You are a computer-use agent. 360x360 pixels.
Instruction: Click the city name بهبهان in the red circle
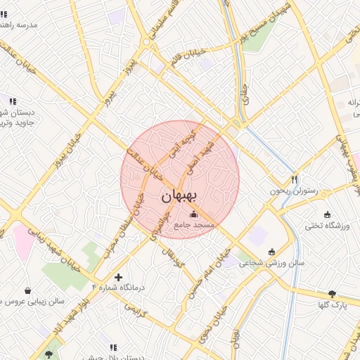pos(181,196)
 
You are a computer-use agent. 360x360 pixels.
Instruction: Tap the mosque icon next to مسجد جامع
pos(194,214)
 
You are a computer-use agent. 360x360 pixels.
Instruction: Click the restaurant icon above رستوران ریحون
pos(295,179)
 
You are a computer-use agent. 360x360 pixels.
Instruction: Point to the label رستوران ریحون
pos(294,191)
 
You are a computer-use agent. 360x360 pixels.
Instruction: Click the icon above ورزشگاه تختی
pos(327,214)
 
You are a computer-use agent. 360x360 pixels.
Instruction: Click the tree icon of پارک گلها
pos(332,294)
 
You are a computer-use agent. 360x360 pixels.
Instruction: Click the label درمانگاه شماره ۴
pos(118,288)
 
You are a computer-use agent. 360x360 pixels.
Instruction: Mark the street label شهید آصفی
pos(199,157)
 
